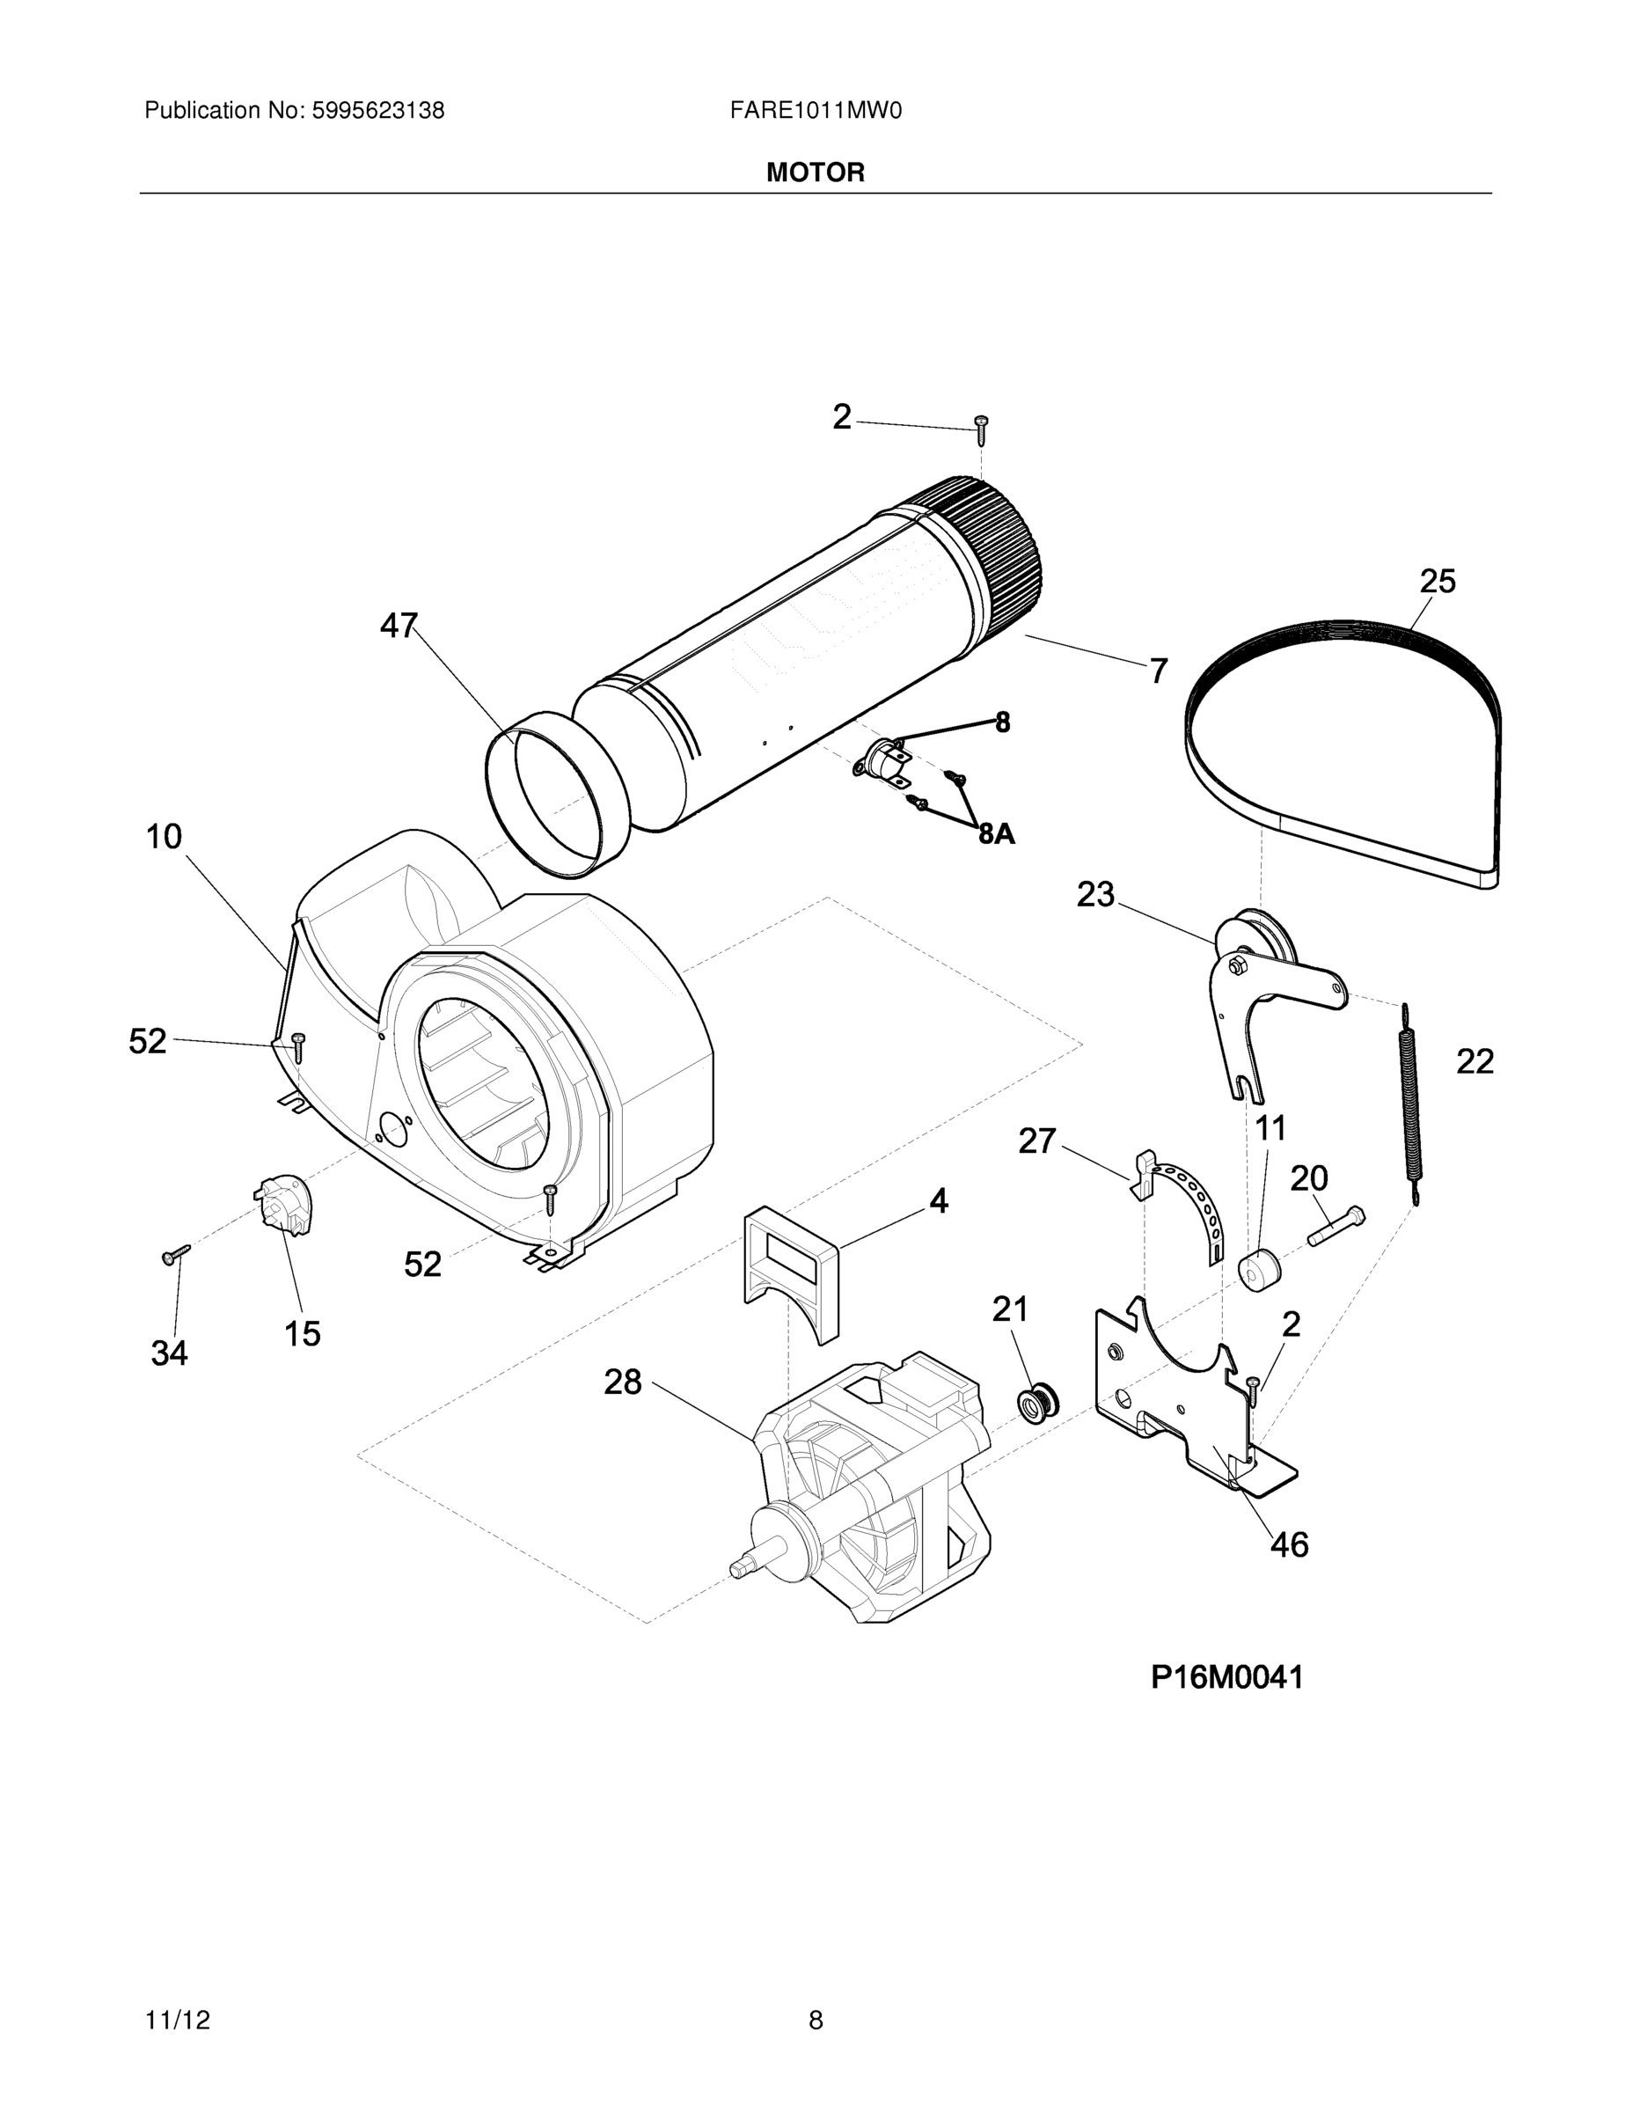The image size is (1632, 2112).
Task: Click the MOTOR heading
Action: pyautogui.click(x=815, y=173)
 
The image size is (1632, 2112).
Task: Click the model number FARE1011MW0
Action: pyautogui.click(x=815, y=111)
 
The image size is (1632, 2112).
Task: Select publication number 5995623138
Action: pyautogui.click(x=377, y=111)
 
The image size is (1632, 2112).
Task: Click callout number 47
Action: pyautogui.click(x=399, y=627)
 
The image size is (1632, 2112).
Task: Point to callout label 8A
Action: pyautogui.click(x=997, y=833)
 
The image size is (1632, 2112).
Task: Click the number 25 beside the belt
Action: pyautogui.click(x=1437, y=583)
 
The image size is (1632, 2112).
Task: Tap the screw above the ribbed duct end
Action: pyautogui.click(x=981, y=424)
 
